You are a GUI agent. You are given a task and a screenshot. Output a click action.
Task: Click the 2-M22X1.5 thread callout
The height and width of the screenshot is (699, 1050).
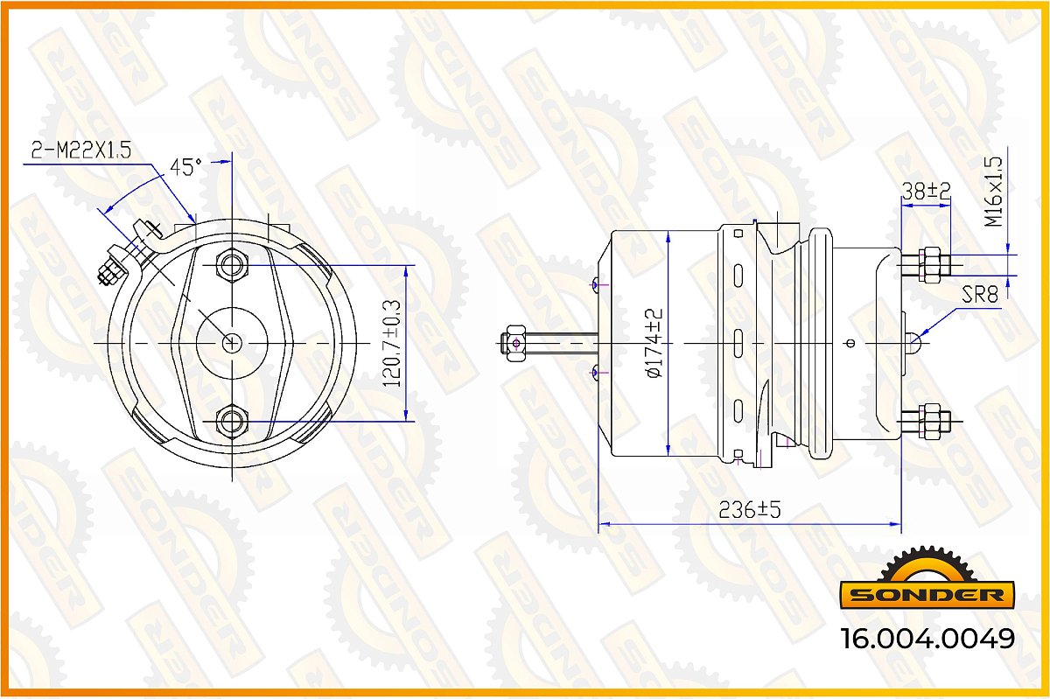(x=81, y=150)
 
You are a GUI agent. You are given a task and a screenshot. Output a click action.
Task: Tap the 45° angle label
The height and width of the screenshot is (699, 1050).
(x=185, y=167)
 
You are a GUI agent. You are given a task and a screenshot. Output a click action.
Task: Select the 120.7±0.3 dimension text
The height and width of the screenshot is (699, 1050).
(x=392, y=344)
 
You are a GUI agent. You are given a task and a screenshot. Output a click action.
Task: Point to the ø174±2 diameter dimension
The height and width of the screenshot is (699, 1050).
(x=654, y=343)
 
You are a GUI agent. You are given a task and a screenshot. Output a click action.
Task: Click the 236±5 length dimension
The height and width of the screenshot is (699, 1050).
(x=750, y=510)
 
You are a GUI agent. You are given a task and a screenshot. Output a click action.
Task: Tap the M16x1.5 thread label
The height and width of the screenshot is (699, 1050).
(x=993, y=192)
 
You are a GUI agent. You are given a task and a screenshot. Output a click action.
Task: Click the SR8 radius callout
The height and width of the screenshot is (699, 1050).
(x=980, y=295)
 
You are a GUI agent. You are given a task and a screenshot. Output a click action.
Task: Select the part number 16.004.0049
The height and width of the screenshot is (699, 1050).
(x=928, y=639)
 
